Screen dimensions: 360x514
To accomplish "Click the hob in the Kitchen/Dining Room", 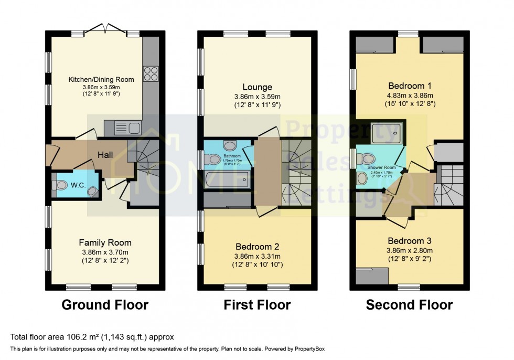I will pos(151,74).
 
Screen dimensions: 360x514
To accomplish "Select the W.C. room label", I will pos(79,185).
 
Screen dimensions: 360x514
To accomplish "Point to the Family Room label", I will pos(105,242).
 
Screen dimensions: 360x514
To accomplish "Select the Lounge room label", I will pos(257,87).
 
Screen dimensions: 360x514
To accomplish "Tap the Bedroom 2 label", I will pos(257,247).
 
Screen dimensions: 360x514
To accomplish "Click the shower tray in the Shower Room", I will pos(387,133).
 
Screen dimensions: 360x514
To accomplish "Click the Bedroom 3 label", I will pos(409,241).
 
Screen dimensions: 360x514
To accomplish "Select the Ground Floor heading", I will pos(105,304).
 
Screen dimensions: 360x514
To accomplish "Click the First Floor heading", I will pos(257,304).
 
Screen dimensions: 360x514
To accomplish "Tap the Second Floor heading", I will pos(409,304).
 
